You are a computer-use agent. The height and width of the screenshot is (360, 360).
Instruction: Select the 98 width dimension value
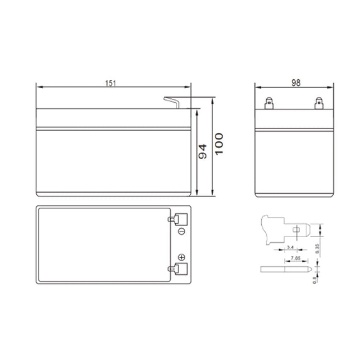[x=296, y=83]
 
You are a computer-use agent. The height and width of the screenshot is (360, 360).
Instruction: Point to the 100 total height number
[x=219, y=144]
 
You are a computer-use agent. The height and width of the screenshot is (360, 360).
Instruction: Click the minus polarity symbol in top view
[x=180, y=231]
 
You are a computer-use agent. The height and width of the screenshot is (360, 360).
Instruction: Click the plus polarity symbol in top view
[x=180, y=258]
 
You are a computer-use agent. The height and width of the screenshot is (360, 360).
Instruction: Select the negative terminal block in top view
[x=179, y=219]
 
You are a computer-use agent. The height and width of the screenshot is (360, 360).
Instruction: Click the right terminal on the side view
[x=319, y=103]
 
